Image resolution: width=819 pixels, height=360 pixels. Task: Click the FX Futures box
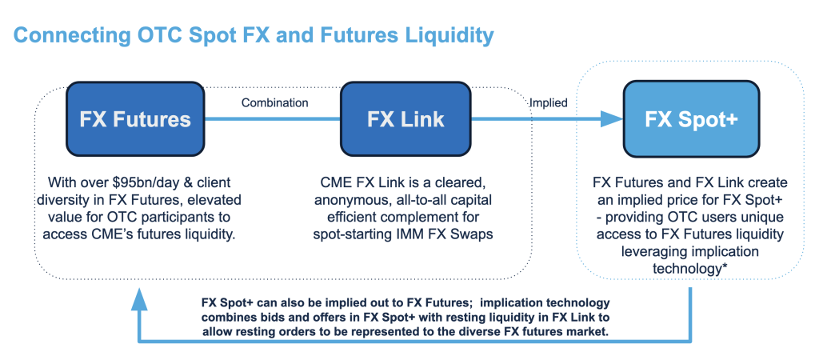(135, 119)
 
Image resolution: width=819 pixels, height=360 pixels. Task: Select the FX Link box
(406, 119)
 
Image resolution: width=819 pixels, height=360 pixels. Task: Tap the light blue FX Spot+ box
(690, 119)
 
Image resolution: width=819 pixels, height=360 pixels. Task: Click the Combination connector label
(274, 102)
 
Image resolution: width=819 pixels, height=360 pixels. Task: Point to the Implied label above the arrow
(548, 102)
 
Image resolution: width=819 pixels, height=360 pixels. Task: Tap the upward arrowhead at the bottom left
(140, 298)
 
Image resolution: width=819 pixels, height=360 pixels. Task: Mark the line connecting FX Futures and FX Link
(274, 119)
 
